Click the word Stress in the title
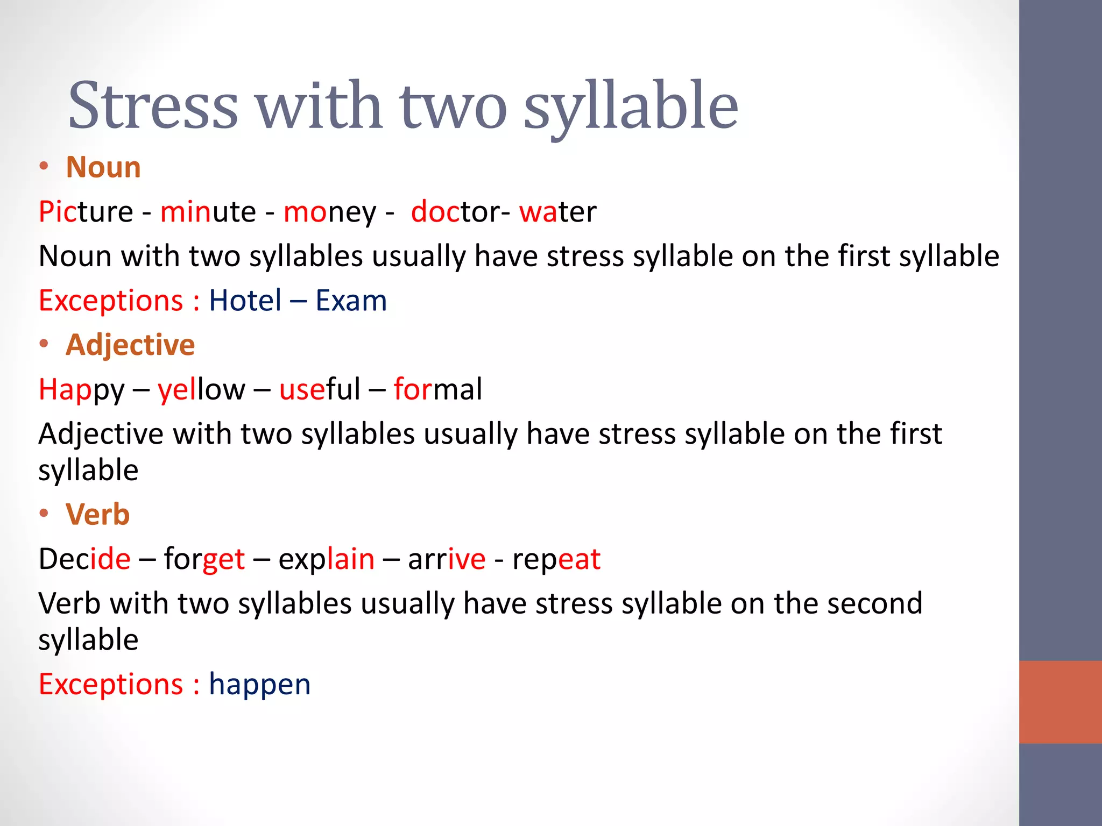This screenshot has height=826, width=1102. pos(153,105)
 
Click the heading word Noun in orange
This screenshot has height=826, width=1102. pos(103,167)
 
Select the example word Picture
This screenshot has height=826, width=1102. pos(86,212)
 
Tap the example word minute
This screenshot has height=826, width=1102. pos(208,212)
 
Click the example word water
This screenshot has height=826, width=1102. pos(557,212)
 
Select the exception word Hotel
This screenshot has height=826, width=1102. pos(245,301)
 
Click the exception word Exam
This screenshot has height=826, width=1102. pos(351,301)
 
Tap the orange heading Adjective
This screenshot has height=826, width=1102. pos(130,345)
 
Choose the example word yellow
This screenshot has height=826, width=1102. pos(201,390)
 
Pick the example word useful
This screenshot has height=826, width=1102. pos(320,389)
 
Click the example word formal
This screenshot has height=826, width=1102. pos(437,389)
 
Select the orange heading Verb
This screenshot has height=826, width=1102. pos(97,515)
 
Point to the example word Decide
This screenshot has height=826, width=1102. pos(84,559)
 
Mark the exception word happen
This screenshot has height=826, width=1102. pos(259,685)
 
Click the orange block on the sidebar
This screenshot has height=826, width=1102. pos(1060,702)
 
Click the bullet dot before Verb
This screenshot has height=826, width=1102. pos(44,514)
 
